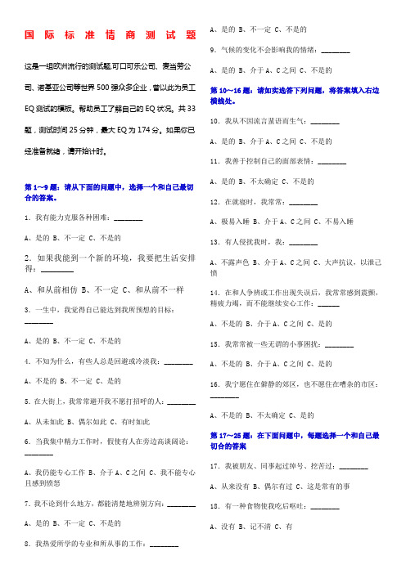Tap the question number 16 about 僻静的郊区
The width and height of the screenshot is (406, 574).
[215, 383]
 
